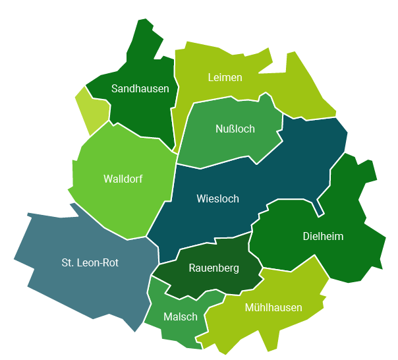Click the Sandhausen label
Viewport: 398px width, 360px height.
pyautogui.click(x=140, y=88)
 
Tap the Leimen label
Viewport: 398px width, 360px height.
pyautogui.click(x=225, y=77)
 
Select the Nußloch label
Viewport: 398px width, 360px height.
pyautogui.click(x=235, y=129)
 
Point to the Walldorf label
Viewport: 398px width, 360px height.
pyautogui.click(x=123, y=179)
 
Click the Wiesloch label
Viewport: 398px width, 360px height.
pyautogui.click(x=217, y=198)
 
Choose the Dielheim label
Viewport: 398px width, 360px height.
pyautogui.click(x=323, y=236)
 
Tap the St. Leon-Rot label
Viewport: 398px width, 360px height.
pyautogui.click(x=90, y=262)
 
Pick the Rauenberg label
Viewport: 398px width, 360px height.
pyautogui.click(x=213, y=268)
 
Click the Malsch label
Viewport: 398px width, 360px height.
pyautogui.click(x=180, y=316)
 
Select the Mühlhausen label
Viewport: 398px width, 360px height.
pyautogui.click(x=273, y=307)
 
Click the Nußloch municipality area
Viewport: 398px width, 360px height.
pyautogui.click(x=217, y=145)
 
